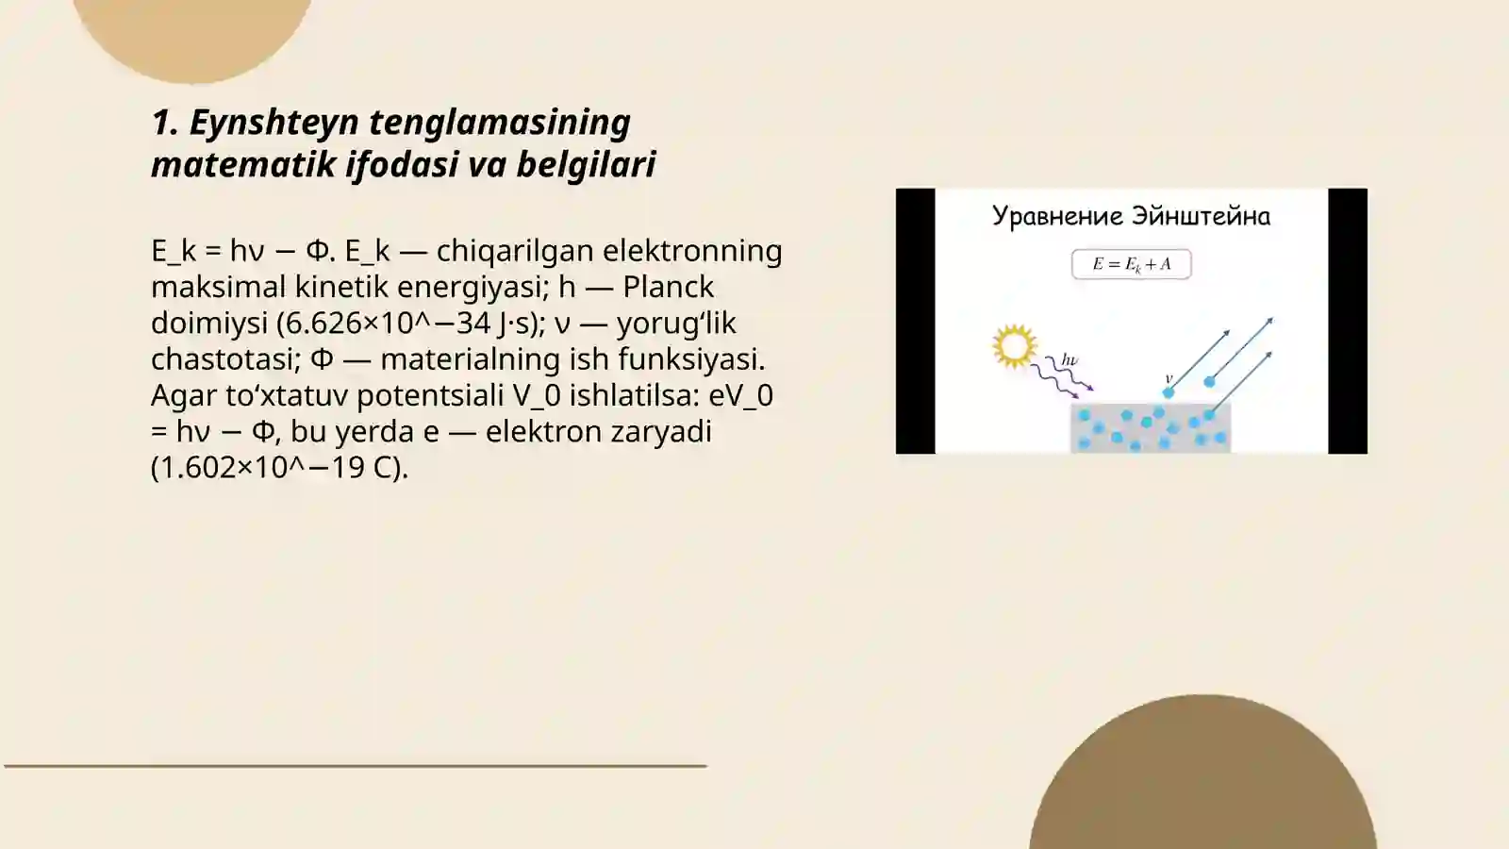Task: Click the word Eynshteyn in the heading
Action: [x=274, y=123]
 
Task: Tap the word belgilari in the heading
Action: [x=586, y=164]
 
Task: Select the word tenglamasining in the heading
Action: [x=499, y=123]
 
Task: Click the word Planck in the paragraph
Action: [x=668, y=287]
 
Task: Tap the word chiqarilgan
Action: [x=515, y=251]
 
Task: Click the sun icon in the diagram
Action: [x=1015, y=346]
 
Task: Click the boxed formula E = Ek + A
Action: [x=1131, y=264]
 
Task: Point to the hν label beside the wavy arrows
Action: [x=1069, y=359]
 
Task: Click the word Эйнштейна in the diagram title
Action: [x=1201, y=216]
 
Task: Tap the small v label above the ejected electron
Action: [x=1169, y=378]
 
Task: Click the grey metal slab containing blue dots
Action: [x=1150, y=429]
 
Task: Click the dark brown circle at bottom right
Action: [x=1202, y=783]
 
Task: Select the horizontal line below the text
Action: [x=356, y=766]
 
